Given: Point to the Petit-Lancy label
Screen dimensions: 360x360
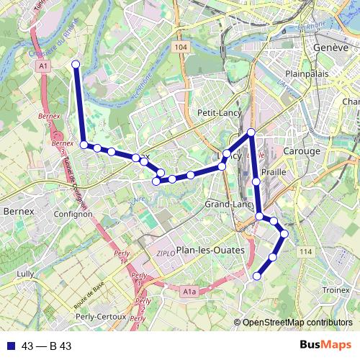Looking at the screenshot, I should pyautogui.click(x=217, y=113).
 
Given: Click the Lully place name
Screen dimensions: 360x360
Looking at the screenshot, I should pyautogui.click(x=25, y=274).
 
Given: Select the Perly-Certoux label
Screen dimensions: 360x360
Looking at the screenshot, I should pyautogui.click(x=101, y=316).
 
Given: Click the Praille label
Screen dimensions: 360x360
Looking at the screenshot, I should pyautogui.click(x=274, y=173).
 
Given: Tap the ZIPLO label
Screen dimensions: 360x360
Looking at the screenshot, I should pyautogui.click(x=165, y=253).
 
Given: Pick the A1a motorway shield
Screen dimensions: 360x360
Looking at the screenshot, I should pyautogui.click(x=189, y=292).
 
